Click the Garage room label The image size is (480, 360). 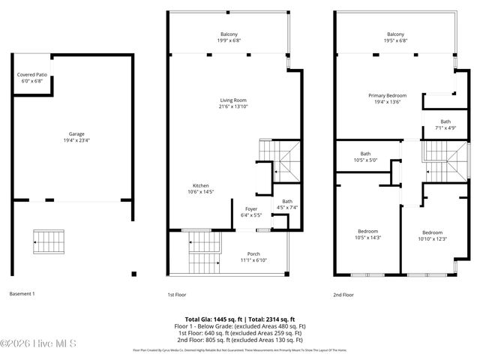click(x=72, y=138)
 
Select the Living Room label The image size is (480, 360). click(x=232, y=104)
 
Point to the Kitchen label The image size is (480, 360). click(x=200, y=189)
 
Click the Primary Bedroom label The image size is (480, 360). click(x=387, y=100)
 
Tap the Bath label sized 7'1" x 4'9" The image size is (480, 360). click(x=445, y=125)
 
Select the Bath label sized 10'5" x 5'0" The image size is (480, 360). click(x=365, y=157)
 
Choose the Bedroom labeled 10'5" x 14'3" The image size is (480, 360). click(x=367, y=234)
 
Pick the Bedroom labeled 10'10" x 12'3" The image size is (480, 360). click(x=432, y=235)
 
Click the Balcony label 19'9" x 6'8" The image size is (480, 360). click(x=229, y=37)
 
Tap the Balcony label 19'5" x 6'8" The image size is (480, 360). click(x=395, y=37)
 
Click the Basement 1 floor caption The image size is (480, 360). click(x=22, y=295)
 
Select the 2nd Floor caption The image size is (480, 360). click(x=343, y=295)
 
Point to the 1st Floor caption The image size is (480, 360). click(x=177, y=295)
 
